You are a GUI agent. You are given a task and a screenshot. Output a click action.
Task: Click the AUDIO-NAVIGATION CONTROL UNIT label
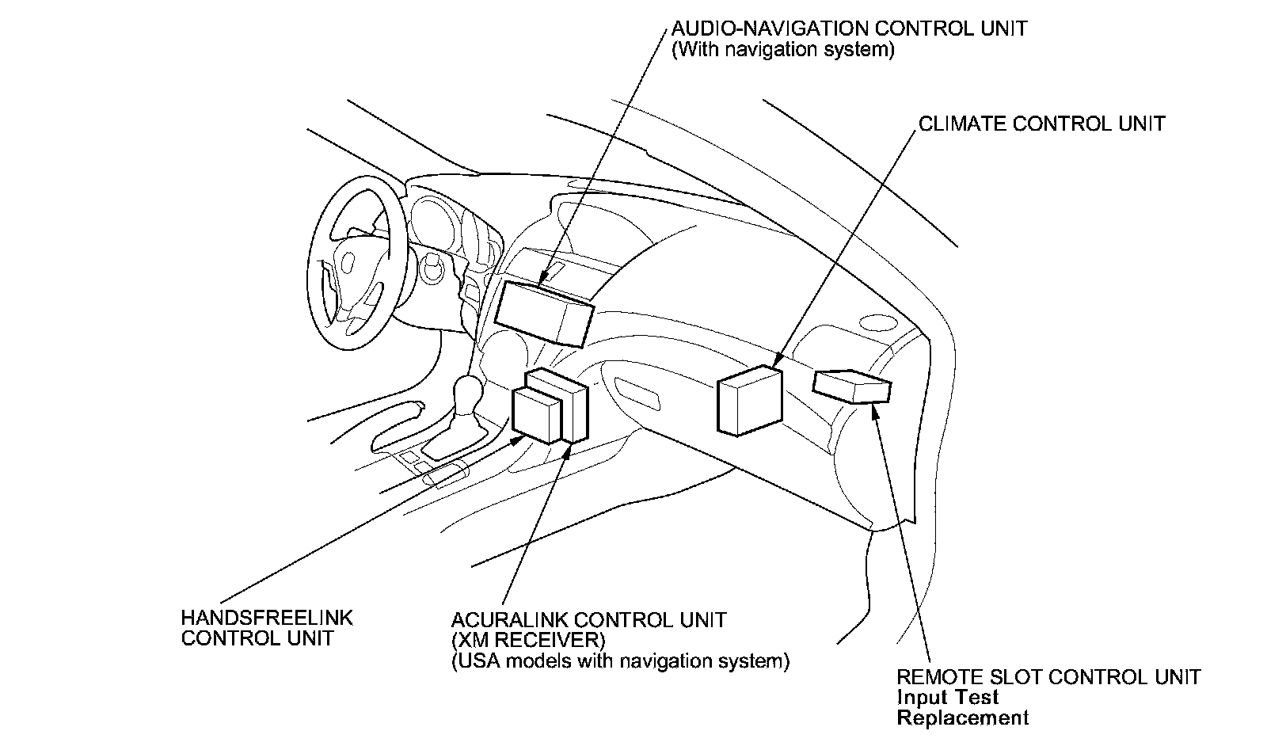(x=849, y=29)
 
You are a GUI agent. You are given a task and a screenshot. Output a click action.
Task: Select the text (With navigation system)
(x=783, y=50)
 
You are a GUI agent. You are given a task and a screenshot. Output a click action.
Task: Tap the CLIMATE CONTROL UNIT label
(x=1042, y=124)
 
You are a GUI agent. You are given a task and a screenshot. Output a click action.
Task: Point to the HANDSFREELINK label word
(x=267, y=618)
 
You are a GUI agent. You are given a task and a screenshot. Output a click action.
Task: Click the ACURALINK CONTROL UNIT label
(x=588, y=620)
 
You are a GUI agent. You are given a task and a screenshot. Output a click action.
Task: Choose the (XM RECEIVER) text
(x=528, y=640)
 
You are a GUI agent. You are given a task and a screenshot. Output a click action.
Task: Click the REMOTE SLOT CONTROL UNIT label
(x=1048, y=677)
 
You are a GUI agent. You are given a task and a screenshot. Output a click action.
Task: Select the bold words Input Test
(x=948, y=698)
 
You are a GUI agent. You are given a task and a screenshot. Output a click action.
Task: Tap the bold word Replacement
(x=963, y=717)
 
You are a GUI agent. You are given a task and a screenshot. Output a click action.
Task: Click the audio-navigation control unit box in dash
(x=544, y=314)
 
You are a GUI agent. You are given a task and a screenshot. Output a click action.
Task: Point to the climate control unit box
(x=750, y=401)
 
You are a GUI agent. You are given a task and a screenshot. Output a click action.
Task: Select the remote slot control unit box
(x=852, y=386)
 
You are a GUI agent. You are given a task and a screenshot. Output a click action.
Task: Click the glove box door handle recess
(x=637, y=393)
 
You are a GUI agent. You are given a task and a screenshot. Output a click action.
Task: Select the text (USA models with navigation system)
(x=621, y=660)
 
